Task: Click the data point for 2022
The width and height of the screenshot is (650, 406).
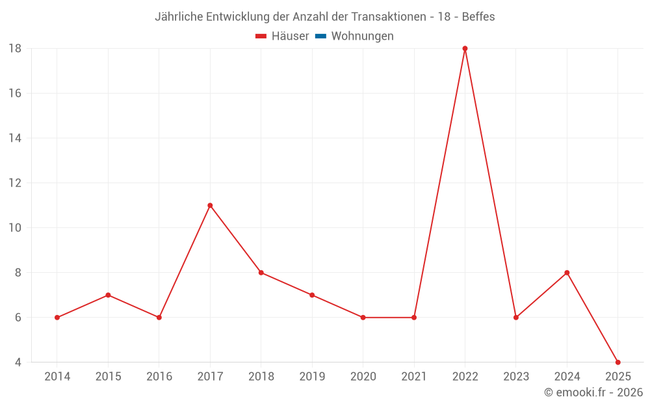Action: tap(465, 49)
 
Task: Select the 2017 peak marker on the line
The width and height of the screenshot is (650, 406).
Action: tap(210, 205)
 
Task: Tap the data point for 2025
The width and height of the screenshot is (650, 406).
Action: tap(617, 362)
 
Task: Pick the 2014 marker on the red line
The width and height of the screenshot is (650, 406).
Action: tap(57, 318)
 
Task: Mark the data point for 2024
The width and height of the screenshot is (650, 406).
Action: tap(567, 273)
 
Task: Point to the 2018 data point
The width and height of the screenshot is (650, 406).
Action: tap(261, 273)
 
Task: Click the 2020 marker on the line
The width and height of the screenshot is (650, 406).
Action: tap(363, 318)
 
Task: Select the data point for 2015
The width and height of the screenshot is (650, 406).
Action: tap(108, 295)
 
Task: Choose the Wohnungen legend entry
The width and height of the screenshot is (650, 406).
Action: tap(362, 36)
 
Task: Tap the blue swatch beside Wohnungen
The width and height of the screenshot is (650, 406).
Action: tap(320, 36)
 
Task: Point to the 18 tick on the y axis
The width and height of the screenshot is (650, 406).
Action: tap(15, 49)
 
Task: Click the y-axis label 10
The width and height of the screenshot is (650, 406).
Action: tap(15, 228)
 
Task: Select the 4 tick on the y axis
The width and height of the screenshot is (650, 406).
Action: tap(18, 362)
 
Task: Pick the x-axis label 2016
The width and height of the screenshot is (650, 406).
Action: tap(159, 377)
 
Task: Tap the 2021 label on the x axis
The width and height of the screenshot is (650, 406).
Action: tap(414, 377)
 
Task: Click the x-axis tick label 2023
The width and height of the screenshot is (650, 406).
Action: tap(516, 377)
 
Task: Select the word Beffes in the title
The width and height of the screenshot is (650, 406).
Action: tap(478, 17)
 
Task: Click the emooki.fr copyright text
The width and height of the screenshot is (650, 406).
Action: tap(593, 392)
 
